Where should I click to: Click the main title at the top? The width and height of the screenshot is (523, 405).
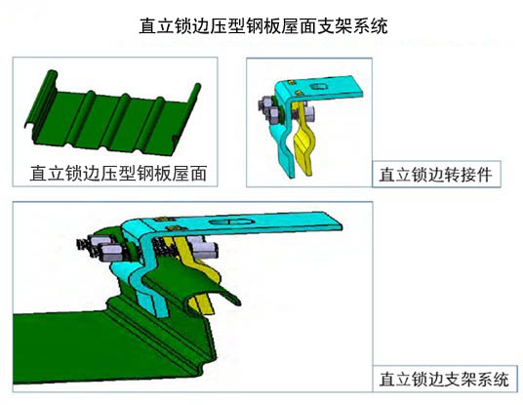click(x=263, y=25)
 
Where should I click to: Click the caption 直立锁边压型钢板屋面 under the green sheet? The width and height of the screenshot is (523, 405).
click(x=118, y=173)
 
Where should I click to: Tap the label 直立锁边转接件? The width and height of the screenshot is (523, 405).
click(x=435, y=175)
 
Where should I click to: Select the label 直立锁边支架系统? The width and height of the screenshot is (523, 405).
click(x=444, y=380)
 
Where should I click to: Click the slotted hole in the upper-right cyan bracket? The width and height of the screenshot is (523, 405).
click(x=319, y=87)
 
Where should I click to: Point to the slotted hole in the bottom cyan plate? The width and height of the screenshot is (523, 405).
click(x=230, y=223)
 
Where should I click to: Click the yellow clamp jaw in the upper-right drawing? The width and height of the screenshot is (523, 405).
click(x=303, y=141)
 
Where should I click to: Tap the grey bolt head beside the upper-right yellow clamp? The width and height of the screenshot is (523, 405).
click(x=305, y=114)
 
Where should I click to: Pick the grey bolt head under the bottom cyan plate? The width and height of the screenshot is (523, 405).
click(x=204, y=249)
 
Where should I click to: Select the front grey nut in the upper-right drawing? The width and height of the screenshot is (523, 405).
click(x=276, y=116)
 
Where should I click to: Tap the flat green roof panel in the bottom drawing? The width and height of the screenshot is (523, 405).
click(x=83, y=347)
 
